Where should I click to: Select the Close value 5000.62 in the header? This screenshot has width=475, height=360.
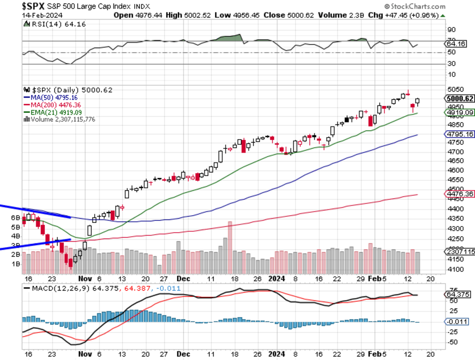coord(291,15)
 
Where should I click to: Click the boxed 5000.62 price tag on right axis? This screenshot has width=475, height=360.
coord(460,99)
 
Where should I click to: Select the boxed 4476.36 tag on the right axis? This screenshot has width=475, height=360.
coord(460,194)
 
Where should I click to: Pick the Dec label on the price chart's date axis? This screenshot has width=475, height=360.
coord(183,278)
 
